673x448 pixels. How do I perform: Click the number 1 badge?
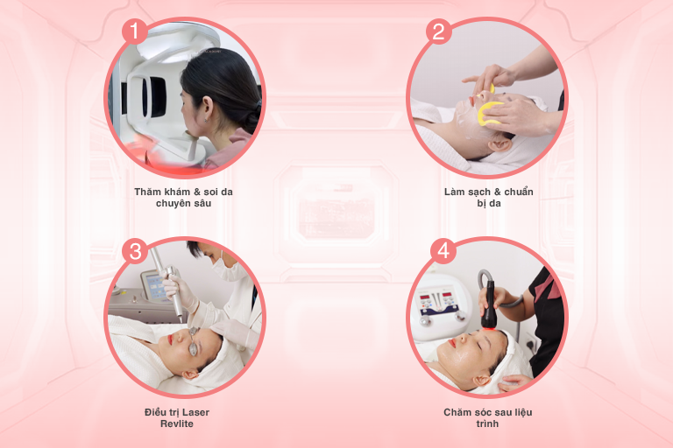pyautogui.click(x=135, y=31)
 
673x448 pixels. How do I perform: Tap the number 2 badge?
pyautogui.click(x=438, y=31)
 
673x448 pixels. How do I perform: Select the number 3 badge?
pyautogui.click(x=135, y=251)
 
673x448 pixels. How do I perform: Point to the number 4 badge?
pyautogui.click(x=443, y=251)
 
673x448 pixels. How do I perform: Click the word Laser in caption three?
pyautogui.click(x=195, y=412)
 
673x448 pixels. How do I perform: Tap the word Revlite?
pyautogui.click(x=177, y=424)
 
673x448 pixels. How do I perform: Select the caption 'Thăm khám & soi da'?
pyautogui.click(x=183, y=192)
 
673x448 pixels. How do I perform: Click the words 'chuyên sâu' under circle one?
pyautogui.click(x=183, y=204)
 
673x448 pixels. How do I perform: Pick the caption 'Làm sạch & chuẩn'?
pyautogui.click(x=489, y=192)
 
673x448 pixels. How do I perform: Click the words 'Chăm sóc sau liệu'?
pyautogui.click(x=488, y=412)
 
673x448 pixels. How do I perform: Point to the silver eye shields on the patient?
pyautogui.click(x=194, y=341)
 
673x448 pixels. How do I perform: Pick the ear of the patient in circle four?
pyautogui.click(x=482, y=381)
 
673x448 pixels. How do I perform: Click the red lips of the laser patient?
pyautogui.click(x=170, y=339)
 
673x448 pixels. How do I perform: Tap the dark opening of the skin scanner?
pyautogui.click(x=155, y=97)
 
